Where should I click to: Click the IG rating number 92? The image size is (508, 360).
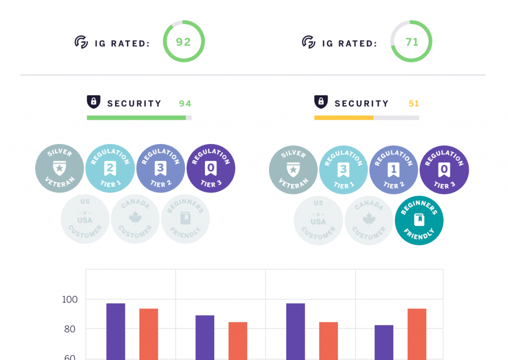point(184,42)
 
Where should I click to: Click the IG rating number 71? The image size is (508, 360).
point(412,42)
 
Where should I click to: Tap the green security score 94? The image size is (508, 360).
point(185,103)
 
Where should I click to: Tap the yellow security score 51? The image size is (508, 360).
point(414,103)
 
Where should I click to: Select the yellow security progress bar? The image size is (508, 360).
point(344,118)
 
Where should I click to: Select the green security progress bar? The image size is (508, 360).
point(136,118)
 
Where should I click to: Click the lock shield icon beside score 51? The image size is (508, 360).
point(321,102)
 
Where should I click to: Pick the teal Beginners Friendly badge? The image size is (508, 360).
point(419,219)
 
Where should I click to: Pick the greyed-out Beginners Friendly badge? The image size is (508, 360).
point(186,218)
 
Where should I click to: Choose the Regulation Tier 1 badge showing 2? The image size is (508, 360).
point(110,169)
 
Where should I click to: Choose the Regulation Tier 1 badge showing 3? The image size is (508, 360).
point(343,170)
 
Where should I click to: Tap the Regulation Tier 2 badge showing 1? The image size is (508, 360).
point(393,170)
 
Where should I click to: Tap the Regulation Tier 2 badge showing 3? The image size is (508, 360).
point(160,169)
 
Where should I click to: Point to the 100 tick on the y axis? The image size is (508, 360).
point(69,299)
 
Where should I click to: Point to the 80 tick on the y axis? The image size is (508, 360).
point(69,329)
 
